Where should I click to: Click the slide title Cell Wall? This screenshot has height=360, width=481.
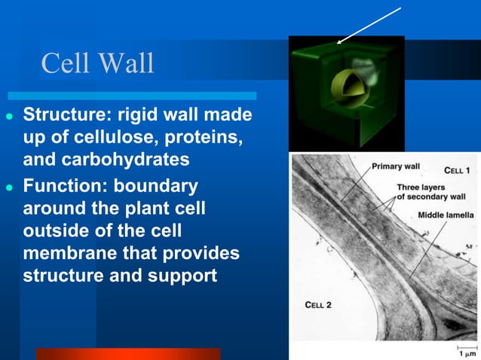click(x=97, y=63)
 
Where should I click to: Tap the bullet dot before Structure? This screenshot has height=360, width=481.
click(x=10, y=118)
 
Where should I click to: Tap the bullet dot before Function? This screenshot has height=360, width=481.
click(x=10, y=186)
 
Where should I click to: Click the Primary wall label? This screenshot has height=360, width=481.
click(x=396, y=166)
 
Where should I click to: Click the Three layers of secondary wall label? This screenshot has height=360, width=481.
click(x=431, y=192)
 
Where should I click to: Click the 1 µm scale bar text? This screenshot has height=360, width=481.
click(x=467, y=353)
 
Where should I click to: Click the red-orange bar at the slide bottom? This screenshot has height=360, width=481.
click(x=128, y=353)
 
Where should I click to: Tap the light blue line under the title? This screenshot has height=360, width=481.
click(x=132, y=96)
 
